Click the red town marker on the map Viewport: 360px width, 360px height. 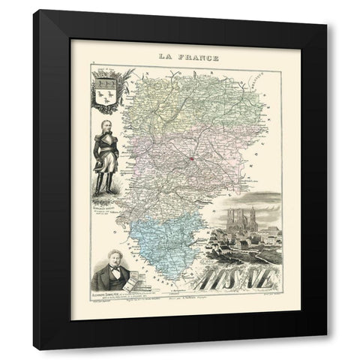point(192,157)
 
